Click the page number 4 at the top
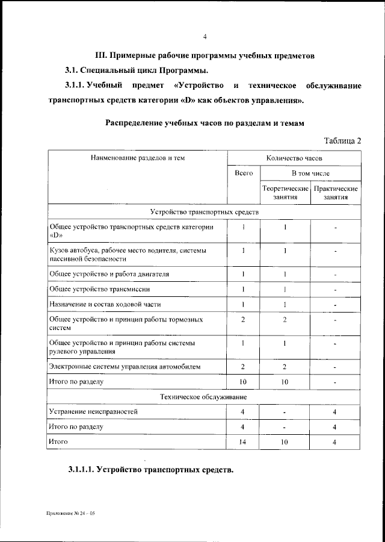click(x=205, y=37)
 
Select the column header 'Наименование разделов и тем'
click(x=138, y=158)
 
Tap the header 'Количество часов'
click(x=294, y=158)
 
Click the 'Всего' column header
click(x=243, y=173)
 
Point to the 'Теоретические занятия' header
click(x=285, y=193)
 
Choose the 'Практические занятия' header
click(x=336, y=193)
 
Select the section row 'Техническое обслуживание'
click(x=205, y=397)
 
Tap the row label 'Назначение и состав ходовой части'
click(x=105, y=304)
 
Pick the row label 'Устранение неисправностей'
click(x=93, y=412)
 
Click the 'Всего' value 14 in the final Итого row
click(x=243, y=442)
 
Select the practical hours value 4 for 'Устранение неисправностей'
click(x=335, y=412)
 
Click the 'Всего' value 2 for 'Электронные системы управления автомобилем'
click(x=243, y=366)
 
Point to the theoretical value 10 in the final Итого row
click(x=285, y=442)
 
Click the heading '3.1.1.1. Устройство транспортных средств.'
click(x=150, y=470)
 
